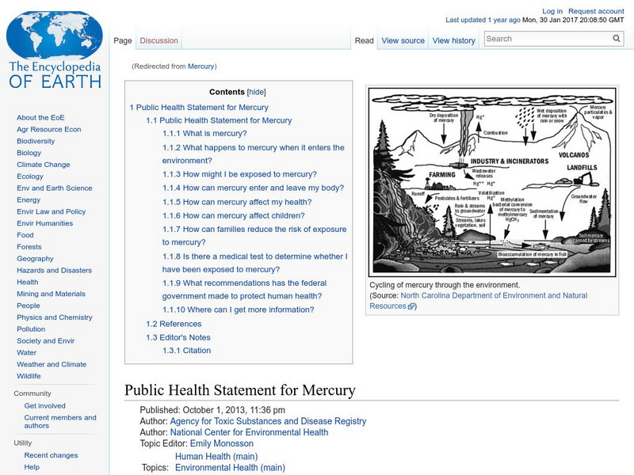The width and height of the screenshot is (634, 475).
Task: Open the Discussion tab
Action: tap(158, 40)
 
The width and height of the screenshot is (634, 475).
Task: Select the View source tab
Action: tap(403, 40)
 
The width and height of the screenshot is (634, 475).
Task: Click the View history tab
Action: tap(454, 40)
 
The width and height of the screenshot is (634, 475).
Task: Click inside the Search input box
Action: tap(546, 38)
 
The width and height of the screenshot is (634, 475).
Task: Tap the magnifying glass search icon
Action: tap(617, 38)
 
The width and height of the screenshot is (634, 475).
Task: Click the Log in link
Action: tap(552, 11)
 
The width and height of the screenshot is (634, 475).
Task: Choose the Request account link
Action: tap(596, 11)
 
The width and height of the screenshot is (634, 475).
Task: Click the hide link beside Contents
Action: tap(257, 92)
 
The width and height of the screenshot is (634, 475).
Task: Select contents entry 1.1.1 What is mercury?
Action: tap(204, 134)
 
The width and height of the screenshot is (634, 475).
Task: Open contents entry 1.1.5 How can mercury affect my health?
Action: tap(237, 202)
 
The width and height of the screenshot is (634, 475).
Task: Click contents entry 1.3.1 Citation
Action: tap(186, 351)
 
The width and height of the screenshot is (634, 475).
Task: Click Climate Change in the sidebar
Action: tap(43, 165)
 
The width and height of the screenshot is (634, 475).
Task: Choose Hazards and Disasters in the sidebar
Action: tap(54, 271)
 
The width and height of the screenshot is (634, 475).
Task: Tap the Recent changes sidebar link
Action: tap(51, 455)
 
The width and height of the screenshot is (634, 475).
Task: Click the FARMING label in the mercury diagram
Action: tap(442, 175)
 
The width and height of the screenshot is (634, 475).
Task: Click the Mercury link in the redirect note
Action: tap(201, 66)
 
